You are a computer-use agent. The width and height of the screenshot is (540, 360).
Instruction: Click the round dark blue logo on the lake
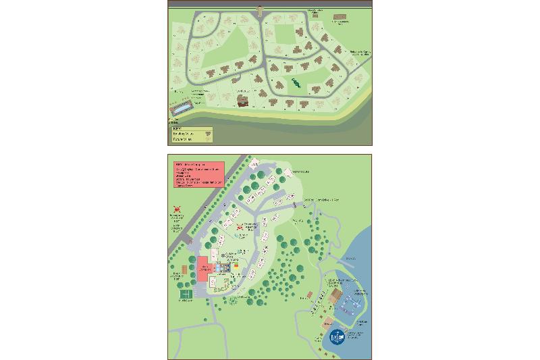pyautogui.click(x=337, y=338)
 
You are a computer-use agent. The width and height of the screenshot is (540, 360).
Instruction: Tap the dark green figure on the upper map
pyautogui.click(x=296, y=84)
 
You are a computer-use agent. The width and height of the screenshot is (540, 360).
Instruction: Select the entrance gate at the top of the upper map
pyautogui.click(x=261, y=9)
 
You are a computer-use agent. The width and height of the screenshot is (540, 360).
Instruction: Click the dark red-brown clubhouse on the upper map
pyautogui.click(x=242, y=99)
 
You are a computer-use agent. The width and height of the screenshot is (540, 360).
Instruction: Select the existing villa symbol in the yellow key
pyautogui.click(x=209, y=134)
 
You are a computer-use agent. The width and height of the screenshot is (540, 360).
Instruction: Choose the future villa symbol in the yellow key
pyautogui.click(x=209, y=140)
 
